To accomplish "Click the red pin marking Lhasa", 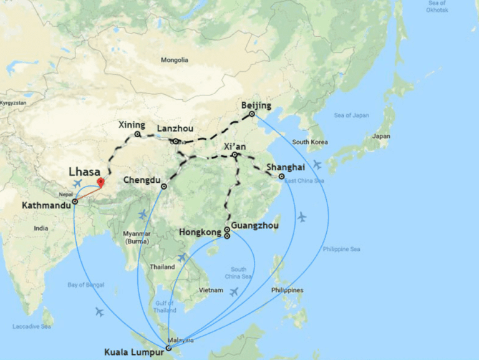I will click(x=101, y=183).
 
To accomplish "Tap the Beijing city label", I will click(x=256, y=105).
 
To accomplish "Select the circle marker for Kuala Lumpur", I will click(x=168, y=348).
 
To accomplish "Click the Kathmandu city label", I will click(x=46, y=205).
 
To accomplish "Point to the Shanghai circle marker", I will click(x=282, y=177).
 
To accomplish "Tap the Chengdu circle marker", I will click(x=164, y=187).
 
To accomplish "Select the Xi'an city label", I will click(x=235, y=146).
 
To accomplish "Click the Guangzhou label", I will click(x=254, y=225).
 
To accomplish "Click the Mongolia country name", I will click(x=174, y=61).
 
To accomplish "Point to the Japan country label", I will click(x=380, y=136).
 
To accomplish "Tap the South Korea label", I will click(x=309, y=142).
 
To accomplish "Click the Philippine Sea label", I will click(x=342, y=249).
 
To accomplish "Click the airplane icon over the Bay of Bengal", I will click(x=99, y=311).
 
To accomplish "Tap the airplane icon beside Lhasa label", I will click(x=77, y=183).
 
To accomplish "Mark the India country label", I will click(x=41, y=228).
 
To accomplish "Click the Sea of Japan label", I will click(x=352, y=115).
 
